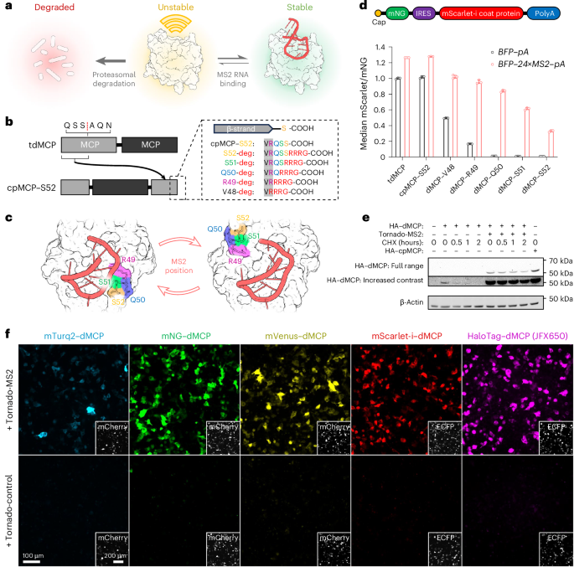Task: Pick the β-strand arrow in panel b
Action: [239, 130]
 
